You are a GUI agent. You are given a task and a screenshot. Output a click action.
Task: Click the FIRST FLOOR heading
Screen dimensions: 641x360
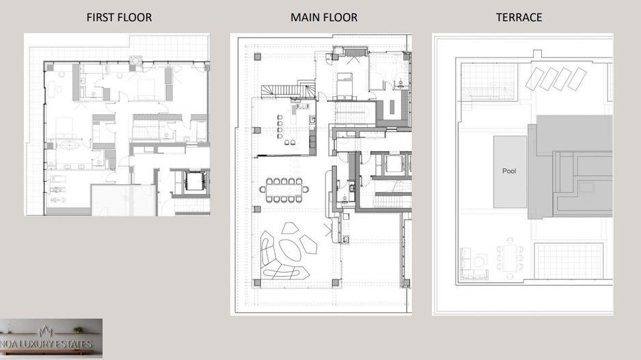point(119,17)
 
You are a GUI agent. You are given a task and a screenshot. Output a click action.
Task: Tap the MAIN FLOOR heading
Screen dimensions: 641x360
point(324,17)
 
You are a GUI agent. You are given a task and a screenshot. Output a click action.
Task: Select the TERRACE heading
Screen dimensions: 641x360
point(519,17)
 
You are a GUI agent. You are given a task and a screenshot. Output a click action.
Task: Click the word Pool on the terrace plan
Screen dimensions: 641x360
point(509,171)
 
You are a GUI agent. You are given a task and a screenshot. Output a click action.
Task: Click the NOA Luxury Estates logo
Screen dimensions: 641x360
point(51,338)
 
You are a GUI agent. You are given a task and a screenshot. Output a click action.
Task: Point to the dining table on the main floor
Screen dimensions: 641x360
point(284,190)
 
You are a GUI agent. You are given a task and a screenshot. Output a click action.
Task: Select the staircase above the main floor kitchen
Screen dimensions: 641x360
point(288,91)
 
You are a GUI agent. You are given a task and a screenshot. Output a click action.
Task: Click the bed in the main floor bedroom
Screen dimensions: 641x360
point(344,84)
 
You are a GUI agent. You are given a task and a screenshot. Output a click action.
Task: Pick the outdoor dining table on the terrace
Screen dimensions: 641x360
point(510,258)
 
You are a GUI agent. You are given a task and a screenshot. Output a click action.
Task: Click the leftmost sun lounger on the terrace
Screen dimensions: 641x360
point(534,79)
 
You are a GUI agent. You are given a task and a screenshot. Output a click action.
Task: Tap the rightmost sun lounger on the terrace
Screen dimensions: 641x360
point(577,79)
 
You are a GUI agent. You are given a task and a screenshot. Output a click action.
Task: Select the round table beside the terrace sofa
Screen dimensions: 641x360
point(481,261)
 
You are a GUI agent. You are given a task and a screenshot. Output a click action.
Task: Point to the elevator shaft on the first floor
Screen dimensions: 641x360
point(195,180)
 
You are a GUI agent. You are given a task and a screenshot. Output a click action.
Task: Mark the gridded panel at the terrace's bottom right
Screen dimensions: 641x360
point(569,261)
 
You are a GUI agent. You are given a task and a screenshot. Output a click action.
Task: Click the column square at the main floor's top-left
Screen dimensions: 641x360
point(258,57)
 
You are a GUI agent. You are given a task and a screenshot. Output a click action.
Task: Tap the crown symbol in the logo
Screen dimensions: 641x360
point(45,331)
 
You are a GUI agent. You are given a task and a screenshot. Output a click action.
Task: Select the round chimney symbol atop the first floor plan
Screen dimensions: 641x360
point(135,61)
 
